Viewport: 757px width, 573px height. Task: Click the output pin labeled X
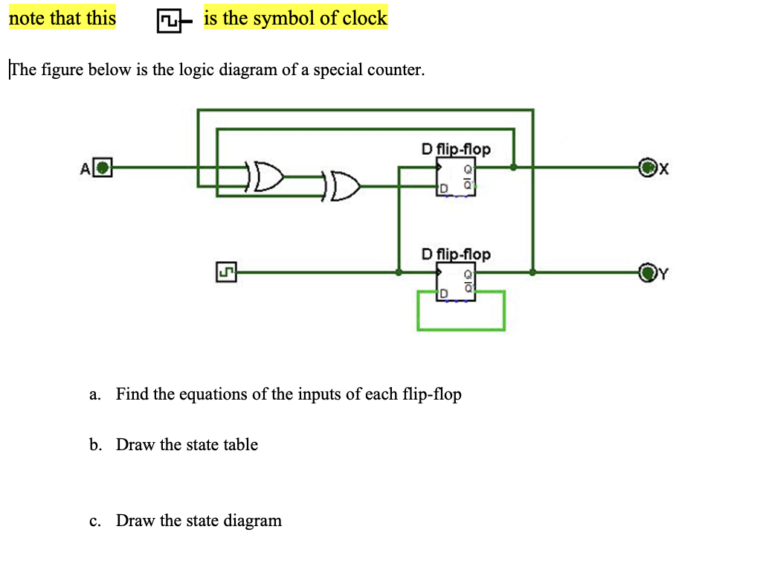[x=648, y=167]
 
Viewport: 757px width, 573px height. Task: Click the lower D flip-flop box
[x=455, y=283]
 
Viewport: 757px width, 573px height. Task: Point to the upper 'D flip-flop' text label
[x=455, y=149]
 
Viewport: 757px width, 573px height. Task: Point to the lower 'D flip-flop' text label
[x=455, y=255]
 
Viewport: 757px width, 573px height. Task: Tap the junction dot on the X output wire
[x=513, y=167]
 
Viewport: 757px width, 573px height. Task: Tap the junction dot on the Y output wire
[x=532, y=272]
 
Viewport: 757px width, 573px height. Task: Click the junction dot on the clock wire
[x=399, y=273]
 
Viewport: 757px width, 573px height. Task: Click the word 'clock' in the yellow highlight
[x=364, y=19]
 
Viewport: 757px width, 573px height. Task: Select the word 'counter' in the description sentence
[x=396, y=70]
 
